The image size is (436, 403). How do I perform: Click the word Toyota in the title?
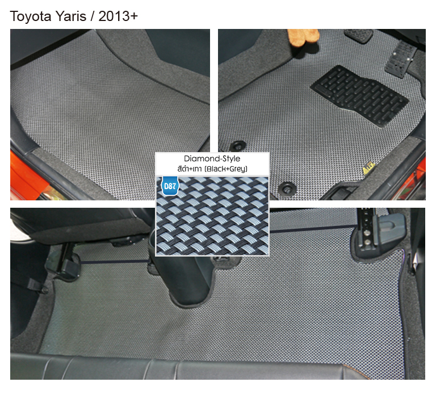28,17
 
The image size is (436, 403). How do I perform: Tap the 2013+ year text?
118,17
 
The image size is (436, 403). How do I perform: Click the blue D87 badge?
169,186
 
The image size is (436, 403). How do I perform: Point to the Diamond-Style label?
212,159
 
